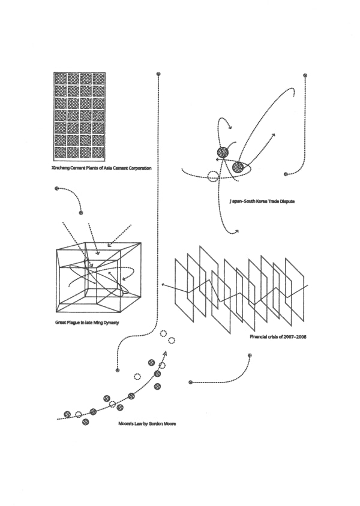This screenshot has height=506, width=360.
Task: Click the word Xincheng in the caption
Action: [62, 168]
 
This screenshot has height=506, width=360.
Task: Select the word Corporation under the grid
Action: [137, 168]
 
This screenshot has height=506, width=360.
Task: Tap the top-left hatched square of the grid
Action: [60, 79]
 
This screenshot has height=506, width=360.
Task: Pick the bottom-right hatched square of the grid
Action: [99, 152]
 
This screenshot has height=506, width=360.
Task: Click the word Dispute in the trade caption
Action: [286, 201]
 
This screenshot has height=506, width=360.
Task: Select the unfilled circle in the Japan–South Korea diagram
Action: [212, 176]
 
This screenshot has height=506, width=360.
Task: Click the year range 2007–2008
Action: [295, 337]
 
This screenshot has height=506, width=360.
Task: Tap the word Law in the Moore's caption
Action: [140, 423]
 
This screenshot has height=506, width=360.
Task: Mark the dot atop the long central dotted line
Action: [158, 74]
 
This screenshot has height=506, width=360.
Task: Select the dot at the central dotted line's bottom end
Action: [118, 370]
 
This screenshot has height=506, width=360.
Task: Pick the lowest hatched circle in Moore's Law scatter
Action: [85, 422]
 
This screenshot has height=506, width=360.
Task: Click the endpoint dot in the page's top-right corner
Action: [305, 75]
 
